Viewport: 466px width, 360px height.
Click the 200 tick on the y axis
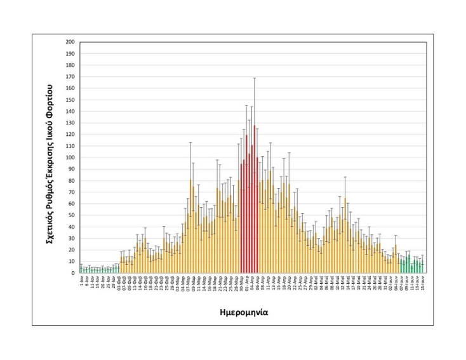[x=71, y=42]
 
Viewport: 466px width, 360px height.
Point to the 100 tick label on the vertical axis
[x=71, y=157]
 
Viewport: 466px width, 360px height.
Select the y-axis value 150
[x=71, y=100]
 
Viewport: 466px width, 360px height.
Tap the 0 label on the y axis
[x=74, y=273]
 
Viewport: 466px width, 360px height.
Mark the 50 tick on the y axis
[x=72, y=215]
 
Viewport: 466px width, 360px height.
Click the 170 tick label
[x=71, y=77]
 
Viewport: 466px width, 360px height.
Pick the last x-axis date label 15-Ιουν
[x=422, y=281]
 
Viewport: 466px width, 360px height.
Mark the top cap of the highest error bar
[x=255, y=78]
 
